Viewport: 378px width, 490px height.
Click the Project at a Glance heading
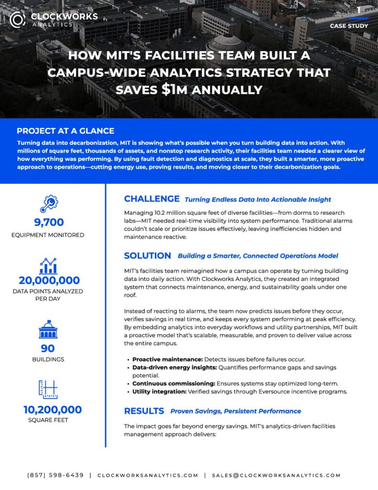point(65,131)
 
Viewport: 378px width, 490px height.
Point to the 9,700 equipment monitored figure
point(49,223)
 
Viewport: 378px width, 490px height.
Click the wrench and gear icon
point(48,203)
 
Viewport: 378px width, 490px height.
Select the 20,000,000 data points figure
point(49,280)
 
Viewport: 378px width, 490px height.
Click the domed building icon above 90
point(48,330)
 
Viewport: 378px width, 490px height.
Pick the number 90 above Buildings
point(48,348)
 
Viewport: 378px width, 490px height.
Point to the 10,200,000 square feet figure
point(53,410)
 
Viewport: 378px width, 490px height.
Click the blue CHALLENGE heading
point(151,199)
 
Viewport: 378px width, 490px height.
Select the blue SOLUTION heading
point(147,256)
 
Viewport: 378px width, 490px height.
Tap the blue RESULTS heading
point(144,411)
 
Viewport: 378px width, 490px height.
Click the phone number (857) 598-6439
point(55,475)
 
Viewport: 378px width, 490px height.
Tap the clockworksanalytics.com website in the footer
point(147,475)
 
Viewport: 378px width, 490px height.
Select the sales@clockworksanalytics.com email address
point(276,475)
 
